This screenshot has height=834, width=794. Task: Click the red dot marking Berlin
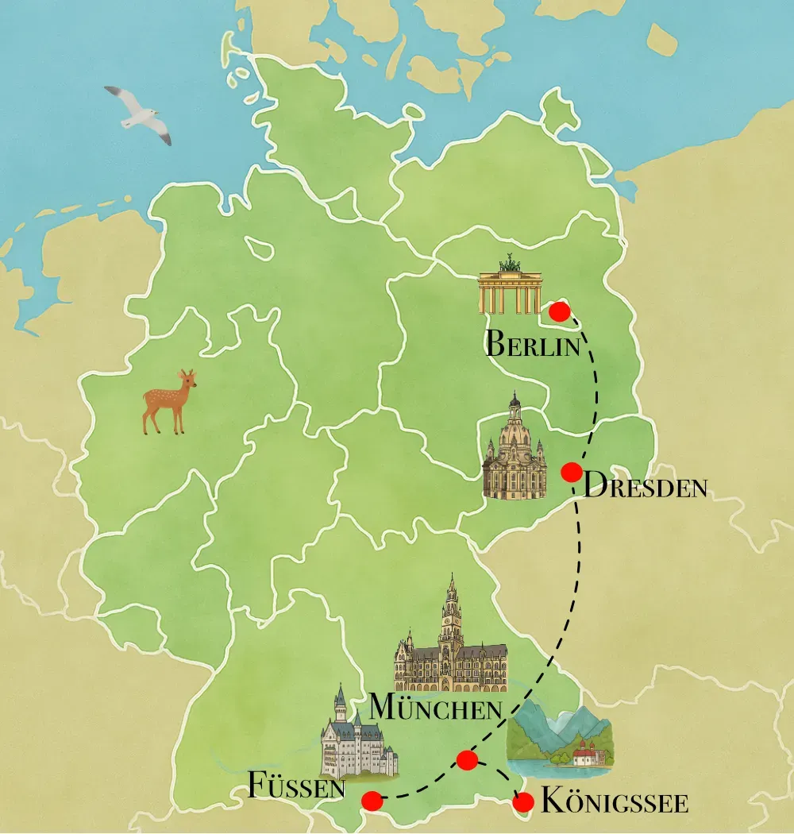point(560,311)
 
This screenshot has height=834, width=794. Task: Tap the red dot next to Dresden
point(571,473)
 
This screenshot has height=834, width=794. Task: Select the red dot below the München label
point(468,760)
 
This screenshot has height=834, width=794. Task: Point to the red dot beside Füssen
point(372,801)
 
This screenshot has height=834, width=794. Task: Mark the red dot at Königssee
point(522,803)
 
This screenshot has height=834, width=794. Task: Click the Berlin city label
point(530,346)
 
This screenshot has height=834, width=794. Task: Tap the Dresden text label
point(645,486)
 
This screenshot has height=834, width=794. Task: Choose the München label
point(437,707)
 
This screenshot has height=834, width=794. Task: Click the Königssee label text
point(614,802)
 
